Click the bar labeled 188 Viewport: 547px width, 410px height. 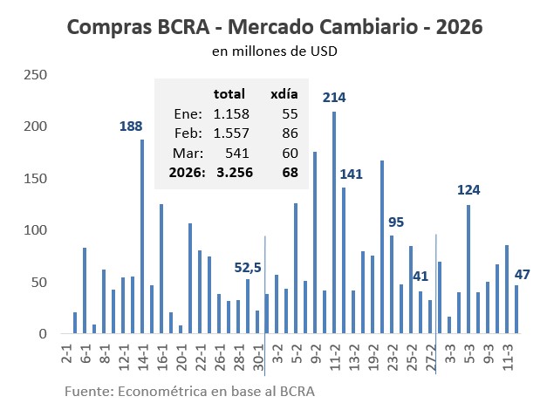click(142, 236)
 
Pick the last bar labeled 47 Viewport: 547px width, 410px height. click(516, 310)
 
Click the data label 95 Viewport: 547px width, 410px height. click(396, 222)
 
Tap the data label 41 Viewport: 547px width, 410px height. click(421, 277)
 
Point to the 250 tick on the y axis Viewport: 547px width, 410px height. click(35, 75)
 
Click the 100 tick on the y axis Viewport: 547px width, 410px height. click(35, 230)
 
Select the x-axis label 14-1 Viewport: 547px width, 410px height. click(142, 355)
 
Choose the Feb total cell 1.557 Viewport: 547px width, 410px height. click(232, 133)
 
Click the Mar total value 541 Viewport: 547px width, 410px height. click(237, 153)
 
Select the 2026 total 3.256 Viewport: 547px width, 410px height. click(231, 173)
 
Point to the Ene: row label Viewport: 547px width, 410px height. click(188, 114)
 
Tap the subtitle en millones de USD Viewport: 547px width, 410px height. click(274, 51)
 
